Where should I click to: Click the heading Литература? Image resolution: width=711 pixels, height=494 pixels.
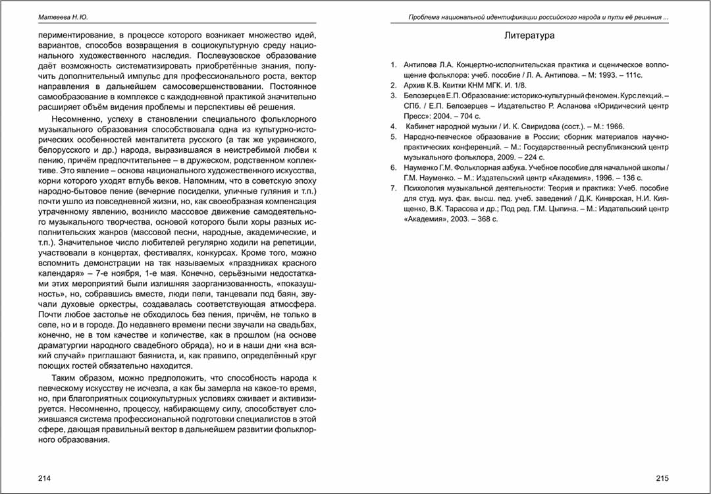pyautogui.click(x=529, y=36)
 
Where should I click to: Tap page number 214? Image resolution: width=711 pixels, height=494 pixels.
pyautogui.click(x=45, y=478)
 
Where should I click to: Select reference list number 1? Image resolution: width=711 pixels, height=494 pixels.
pyautogui.click(x=393, y=65)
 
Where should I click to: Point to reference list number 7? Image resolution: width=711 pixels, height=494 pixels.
pyautogui.click(x=393, y=188)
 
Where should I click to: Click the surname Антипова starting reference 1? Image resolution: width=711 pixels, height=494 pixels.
pyautogui.click(x=420, y=65)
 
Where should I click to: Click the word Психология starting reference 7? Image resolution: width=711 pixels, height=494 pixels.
pyautogui.click(x=426, y=188)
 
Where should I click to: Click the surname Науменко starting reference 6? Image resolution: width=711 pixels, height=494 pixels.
pyautogui.click(x=423, y=168)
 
